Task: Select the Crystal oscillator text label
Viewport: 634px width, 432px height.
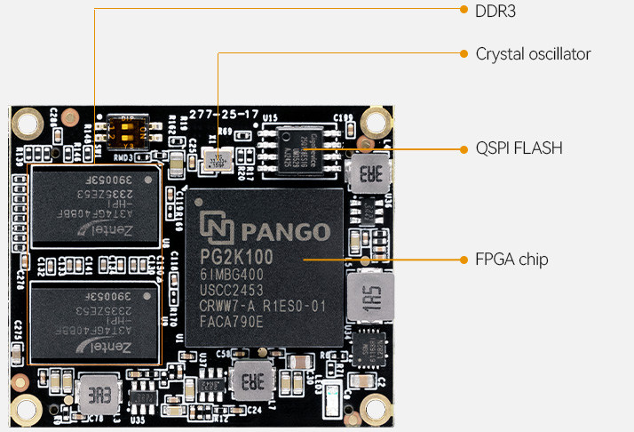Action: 533,54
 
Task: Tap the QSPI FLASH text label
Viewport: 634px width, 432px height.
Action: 519,148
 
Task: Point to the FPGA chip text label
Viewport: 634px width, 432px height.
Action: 511,260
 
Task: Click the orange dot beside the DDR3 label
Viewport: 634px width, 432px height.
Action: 464,11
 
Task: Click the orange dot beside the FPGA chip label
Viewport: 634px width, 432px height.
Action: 464,260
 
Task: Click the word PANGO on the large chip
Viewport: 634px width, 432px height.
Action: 284,232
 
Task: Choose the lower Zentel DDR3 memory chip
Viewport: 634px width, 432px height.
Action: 95,320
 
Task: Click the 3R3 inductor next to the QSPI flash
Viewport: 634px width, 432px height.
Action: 367,173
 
